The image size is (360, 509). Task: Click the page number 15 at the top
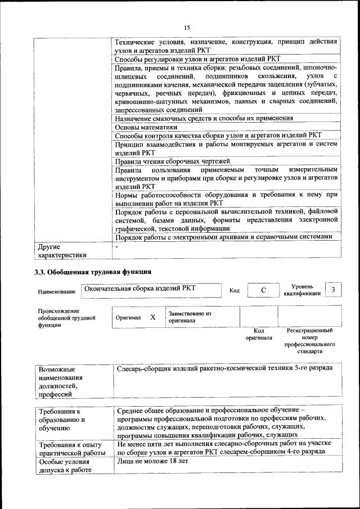[x=187, y=27]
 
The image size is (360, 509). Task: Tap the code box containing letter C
[x=263, y=290]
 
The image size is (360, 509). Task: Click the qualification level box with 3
[x=334, y=290]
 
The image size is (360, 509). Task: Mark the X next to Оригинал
[x=152, y=317]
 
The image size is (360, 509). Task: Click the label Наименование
[x=57, y=292]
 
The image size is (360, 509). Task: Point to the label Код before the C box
[x=235, y=290]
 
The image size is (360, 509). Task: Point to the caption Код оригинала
[x=259, y=335]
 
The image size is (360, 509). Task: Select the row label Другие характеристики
[x=62, y=251]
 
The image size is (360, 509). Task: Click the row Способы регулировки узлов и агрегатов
[x=197, y=59]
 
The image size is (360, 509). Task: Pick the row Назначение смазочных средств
[x=204, y=119]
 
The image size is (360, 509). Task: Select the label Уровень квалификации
[x=303, y=290]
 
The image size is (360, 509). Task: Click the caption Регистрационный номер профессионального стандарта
[x=310, y=341]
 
